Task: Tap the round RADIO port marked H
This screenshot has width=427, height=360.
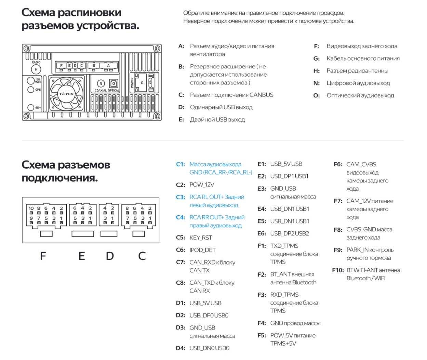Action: [36, 69]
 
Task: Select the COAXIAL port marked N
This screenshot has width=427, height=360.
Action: [101, 83]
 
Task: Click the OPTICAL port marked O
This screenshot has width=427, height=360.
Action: [114, 83]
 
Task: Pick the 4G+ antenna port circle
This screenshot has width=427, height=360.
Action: [31, 107]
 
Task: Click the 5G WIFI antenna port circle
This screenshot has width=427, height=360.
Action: [31, 81]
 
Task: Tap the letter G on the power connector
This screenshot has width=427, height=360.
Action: [142, 83]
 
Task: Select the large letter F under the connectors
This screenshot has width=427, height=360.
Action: [43, 256]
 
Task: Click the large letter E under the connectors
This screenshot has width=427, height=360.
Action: [81, 256]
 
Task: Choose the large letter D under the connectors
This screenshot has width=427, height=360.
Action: [109, 256]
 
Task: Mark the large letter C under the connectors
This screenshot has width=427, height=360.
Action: [142, 256]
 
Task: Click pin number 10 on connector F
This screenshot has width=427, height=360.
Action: [31, 208]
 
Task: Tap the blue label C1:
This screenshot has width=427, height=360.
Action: [180, 164]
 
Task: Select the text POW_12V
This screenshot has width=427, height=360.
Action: [202, 185]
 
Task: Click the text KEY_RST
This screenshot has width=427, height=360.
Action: [201, 237]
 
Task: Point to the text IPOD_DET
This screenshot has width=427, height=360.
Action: [202, 250]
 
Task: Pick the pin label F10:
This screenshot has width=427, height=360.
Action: [338, 270]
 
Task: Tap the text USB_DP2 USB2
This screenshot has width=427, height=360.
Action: [289, 233]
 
